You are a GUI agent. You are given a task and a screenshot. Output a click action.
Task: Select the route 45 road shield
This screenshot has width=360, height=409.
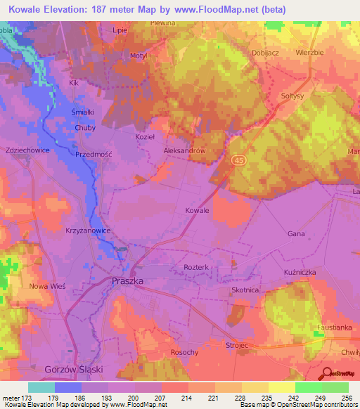pyautogui.click(x=239, y=160)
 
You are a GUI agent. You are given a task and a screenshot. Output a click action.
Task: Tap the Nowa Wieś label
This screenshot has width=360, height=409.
pyautogui.click(x=46, y=286)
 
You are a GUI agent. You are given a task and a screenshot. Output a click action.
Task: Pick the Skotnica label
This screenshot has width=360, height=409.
pyautogui.click(x=245, y=290)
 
